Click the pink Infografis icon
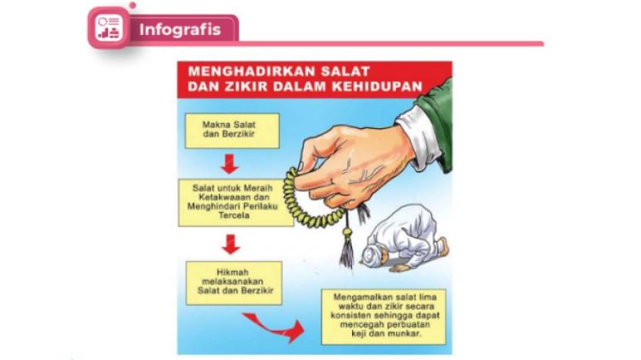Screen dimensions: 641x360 (x=109, y=28)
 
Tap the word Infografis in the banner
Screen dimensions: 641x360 (x=180, y=29)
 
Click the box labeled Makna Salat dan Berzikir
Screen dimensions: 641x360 (x=232, y=131)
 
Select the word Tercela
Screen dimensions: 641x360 (x=233, y=216)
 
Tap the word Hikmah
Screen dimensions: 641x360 (x=232, y=272)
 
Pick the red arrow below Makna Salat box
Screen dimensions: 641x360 (x=229, y=164)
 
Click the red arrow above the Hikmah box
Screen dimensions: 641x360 (x=231, y=244)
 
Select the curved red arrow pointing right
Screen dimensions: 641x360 (x=275, y=327)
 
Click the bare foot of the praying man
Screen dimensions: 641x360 (x=443, y=248)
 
